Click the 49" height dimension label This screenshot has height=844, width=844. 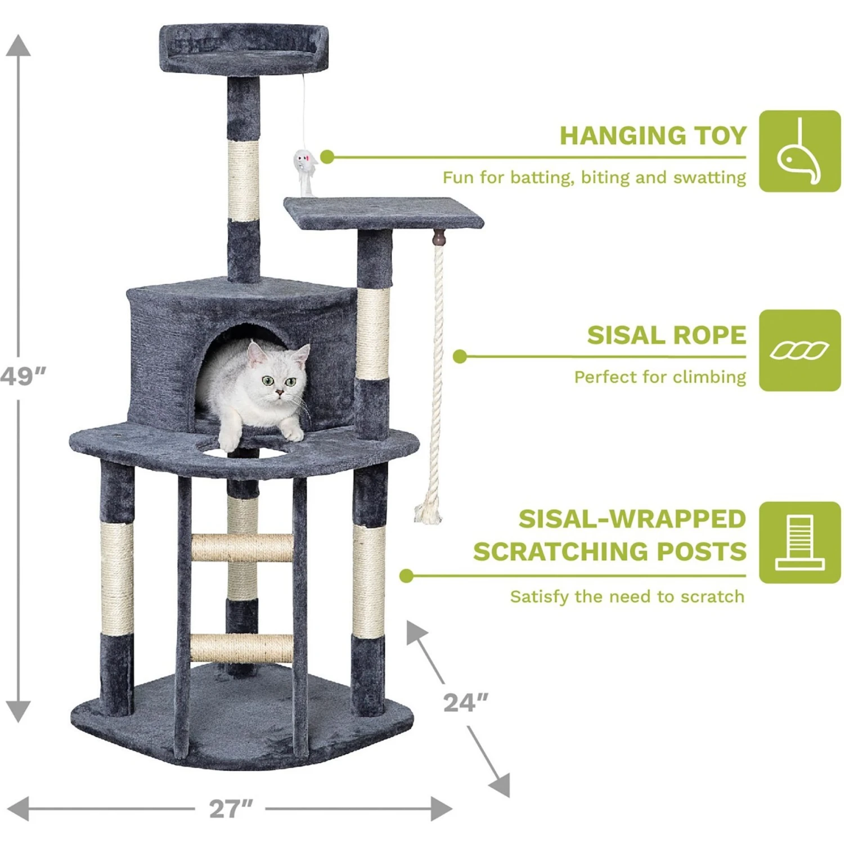click(x=23, y=376)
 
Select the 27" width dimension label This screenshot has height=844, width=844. click(x=231, y=809)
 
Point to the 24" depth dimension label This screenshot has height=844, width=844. click(x=465, y=703)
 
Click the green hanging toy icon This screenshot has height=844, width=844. click(x=800, y=151)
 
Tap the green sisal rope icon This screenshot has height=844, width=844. click(x=800, y=350)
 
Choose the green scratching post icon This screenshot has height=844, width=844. click(x=800, y=542)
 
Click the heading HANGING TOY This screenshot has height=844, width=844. click(x=653, y=136)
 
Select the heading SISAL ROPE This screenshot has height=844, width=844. click(x=667, y=335)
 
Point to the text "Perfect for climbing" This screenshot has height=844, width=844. click(x=660, y=377)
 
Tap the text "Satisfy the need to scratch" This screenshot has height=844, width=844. click(x=627, y=596)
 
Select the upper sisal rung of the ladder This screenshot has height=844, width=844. click(x=242, y=548)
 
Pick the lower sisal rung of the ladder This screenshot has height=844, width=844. click(x=242, y=648)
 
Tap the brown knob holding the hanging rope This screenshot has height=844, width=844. click(x=438, y=238)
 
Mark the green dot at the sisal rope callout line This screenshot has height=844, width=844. click(x=460, y=356)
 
